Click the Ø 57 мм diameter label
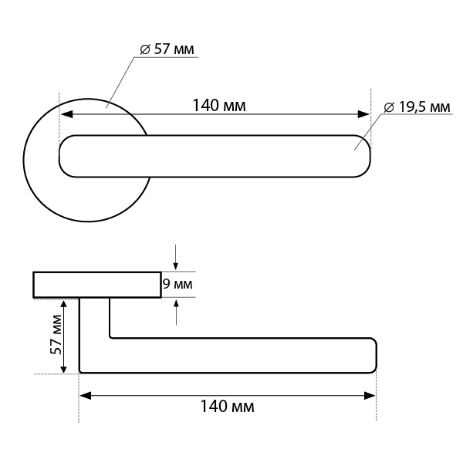(x=167, y=49)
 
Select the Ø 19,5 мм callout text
(x=417, y=107)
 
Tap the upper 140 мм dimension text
(x=219, y=106)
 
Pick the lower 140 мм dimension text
(x=227, y=407)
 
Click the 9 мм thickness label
(x=177, y=284)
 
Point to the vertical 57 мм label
(x=56, y=335)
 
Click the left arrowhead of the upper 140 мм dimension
(x=66, y=114)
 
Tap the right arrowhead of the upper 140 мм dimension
(x=363, y=114)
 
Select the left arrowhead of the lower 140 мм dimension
(x=85, y=396)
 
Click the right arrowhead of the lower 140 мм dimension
(x=370, y=396)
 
